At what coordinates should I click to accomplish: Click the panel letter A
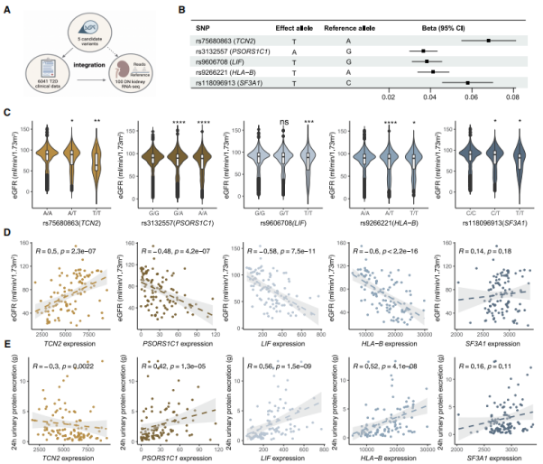tap(7, 8)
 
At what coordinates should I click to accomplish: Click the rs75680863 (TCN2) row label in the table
tap(216, 40)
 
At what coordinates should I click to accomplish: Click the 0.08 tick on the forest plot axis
tap(513, 95)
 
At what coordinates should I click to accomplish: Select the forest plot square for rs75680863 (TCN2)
tap(488, 40)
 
